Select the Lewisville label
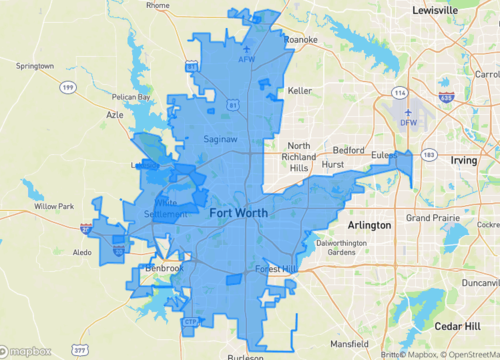tap(448, 9)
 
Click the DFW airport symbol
tap(409, 112)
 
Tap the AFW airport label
tap(247, 60)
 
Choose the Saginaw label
tap(220, 139)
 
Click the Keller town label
tap(300, 90)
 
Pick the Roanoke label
tap(299, 40)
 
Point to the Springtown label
tap(35, 66)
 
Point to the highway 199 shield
tap(68, 88)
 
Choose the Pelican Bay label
tap(131, 97)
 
